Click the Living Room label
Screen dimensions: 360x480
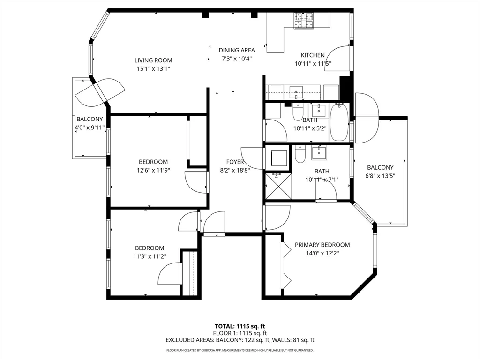pos(153,60)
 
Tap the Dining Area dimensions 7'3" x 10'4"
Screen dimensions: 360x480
pos(237,59)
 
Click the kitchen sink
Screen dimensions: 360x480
pos(297,90)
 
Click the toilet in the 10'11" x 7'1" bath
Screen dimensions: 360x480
pos(300,154)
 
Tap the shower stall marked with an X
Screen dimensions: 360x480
pos(277,187)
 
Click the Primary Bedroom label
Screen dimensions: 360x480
pos(322,245)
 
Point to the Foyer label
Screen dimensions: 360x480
pos(234,162)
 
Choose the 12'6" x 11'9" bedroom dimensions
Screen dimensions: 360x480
pos(153,171)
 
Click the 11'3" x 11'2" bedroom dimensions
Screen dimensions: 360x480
pos(150,256)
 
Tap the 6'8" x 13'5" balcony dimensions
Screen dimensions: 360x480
pos(380,176)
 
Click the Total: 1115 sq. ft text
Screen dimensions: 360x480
pos(240,326)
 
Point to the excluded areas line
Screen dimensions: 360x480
pos(240,340)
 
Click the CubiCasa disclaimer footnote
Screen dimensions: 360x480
pos(240,350)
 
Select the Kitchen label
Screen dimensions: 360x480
pos(313,55)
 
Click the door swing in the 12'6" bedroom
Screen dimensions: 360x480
pos(195,182)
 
